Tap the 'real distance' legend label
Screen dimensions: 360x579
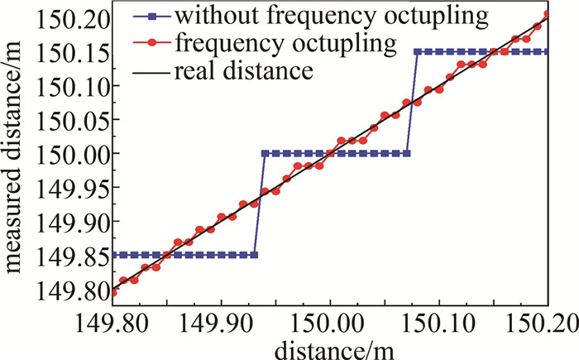click(x=243, y=71)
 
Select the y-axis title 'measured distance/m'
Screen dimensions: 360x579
click(x=17, y=154)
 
